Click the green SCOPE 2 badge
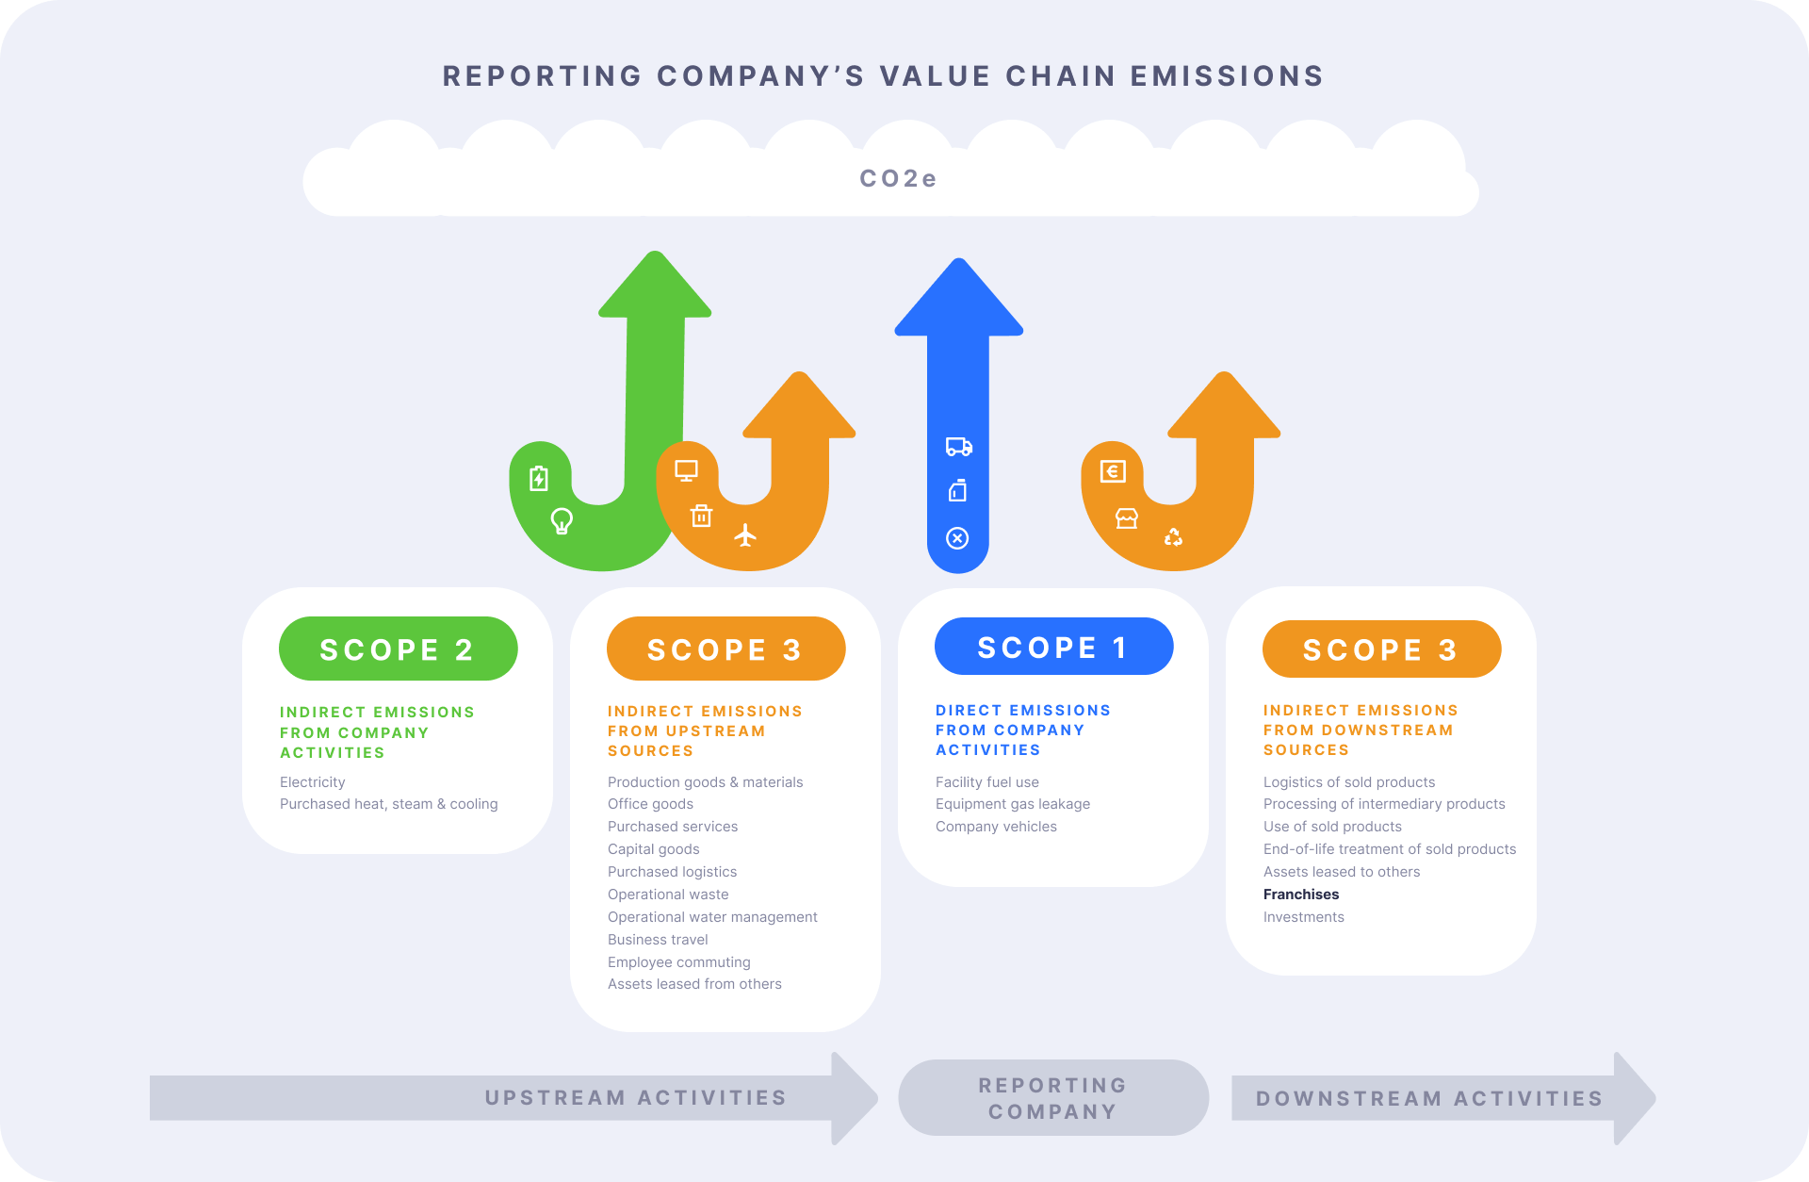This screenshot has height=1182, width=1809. [x=398, y=648]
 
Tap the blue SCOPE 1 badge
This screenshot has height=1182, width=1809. [x=1053, y=647]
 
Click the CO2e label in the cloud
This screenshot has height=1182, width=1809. [x=898, y=178]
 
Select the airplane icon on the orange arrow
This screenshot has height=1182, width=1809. [x=745, y=535]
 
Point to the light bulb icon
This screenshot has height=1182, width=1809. [x=562, y=520]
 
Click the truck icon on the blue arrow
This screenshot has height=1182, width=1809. [x=958, y=447]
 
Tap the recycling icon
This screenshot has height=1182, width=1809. [x=1173, y=536]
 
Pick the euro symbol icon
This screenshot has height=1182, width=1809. [x=1113, y=471]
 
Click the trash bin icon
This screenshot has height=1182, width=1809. [x=701, y=516]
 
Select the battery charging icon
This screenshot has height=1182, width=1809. [x=538, y=479]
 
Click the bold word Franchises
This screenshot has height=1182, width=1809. [x=1300, y=895]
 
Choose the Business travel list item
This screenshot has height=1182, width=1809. [x=658, y=940]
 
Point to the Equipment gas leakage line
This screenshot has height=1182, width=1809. [x=1012, y=804]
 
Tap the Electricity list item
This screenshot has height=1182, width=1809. [x=312, y=782]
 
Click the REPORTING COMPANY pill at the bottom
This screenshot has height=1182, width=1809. [x=1052, y=1098]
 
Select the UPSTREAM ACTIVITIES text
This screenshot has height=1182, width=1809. [x=635, y=1098]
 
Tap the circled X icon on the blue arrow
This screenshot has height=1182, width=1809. [x=957, y=538]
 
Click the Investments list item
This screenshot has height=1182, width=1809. [x=1303, y=917]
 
